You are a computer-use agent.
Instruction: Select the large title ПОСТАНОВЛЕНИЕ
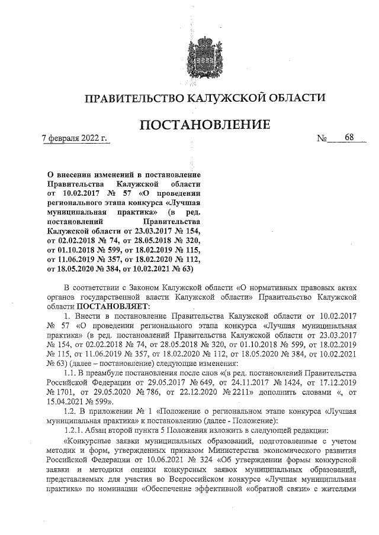205,125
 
